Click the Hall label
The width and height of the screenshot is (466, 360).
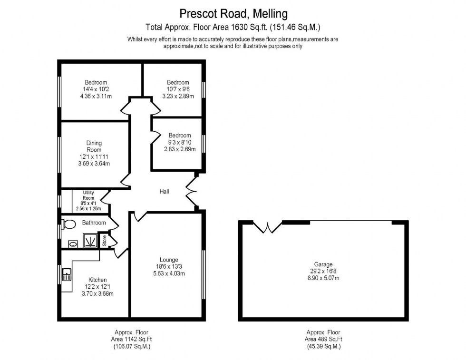pos(165,192)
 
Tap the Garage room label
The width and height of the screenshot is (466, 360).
pos(323,264)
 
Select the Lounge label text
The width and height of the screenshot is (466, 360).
pos(169,260)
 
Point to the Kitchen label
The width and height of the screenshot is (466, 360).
pos(97,280)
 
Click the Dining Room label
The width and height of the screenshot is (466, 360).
pos(94,146)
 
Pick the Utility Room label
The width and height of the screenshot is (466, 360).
pos(88,195)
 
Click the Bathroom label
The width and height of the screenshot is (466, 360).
pos(94,223)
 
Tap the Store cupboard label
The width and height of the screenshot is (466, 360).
pos(105,241)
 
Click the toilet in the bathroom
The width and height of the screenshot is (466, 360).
pos(69,224)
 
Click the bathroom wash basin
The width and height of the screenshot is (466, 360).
pos(73,243)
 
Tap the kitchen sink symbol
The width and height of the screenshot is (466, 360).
pos(66,274)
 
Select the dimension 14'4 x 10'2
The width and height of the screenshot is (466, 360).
pos(96,89)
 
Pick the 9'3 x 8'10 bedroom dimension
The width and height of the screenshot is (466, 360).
pos(180,142)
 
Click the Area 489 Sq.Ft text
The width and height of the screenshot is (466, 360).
pos(323,340)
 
